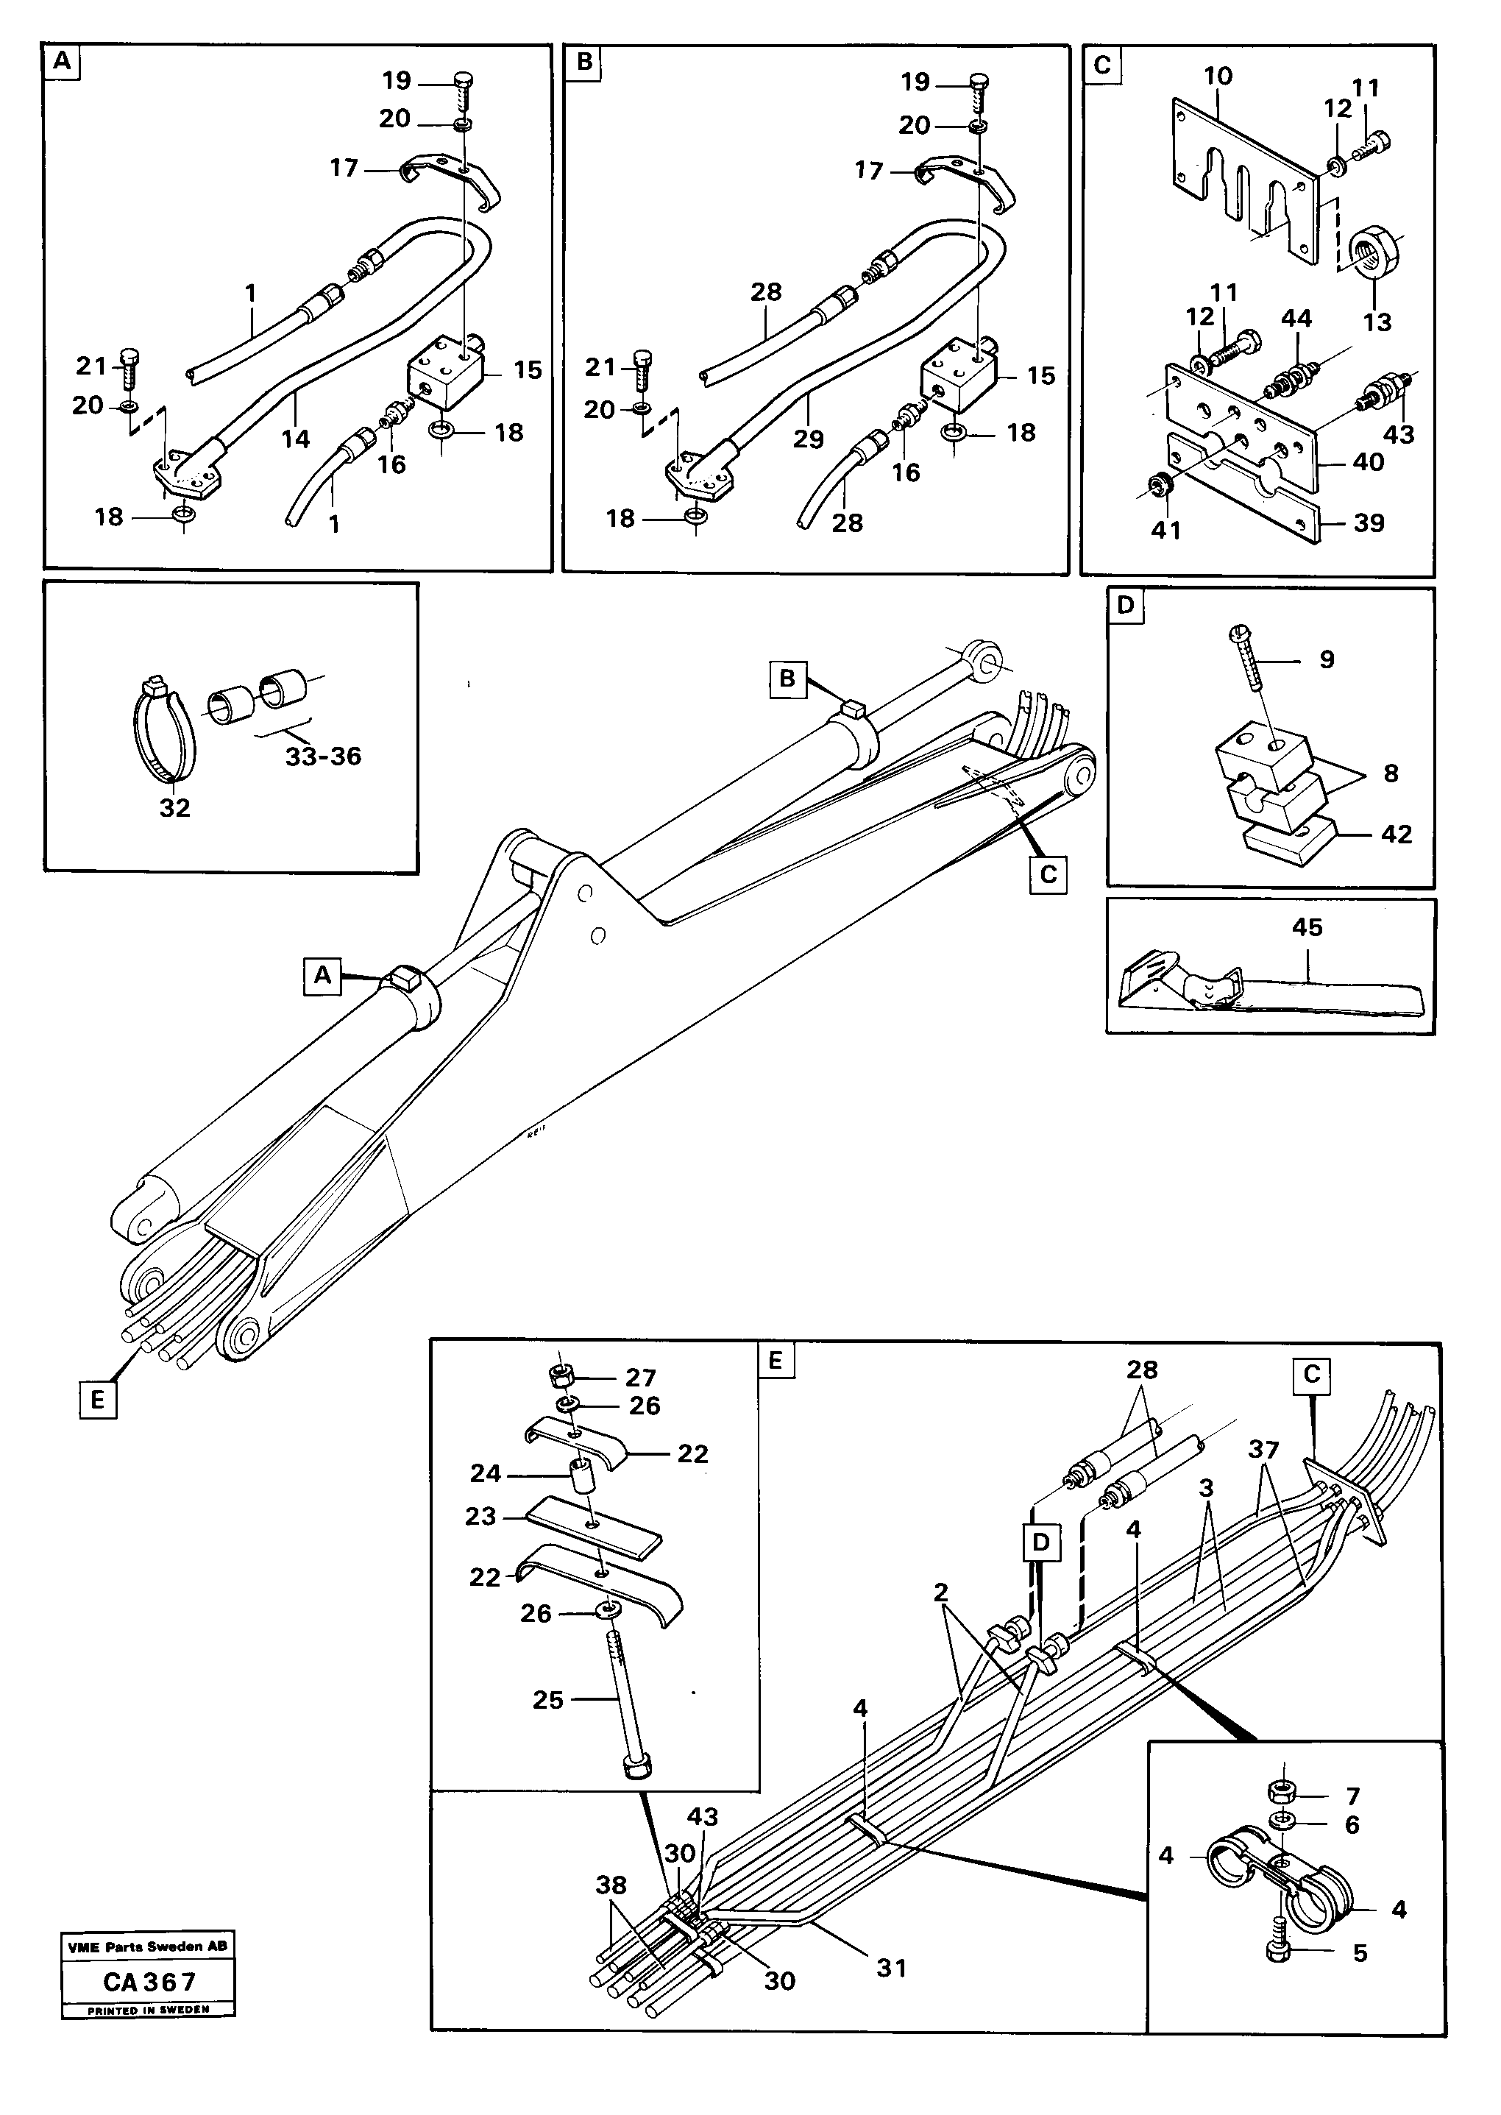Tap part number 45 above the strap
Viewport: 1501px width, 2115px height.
[x=1307, y=927]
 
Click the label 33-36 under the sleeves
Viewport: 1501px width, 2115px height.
[x=322, y=757]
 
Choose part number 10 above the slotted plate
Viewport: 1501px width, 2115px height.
[x=1218, y=76]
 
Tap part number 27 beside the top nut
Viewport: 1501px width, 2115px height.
[x=639, y=1378]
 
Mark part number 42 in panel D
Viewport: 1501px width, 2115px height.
[x=1396, y=834]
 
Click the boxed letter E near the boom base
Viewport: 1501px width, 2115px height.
[x=98, y=1400]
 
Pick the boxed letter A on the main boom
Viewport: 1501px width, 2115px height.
[x=322, y=976]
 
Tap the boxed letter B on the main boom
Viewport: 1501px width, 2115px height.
[x=787, y=679]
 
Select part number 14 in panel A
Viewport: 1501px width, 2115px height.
[x=296, y=439]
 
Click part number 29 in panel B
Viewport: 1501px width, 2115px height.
[x=808, y=439]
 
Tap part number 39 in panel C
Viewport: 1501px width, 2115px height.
[x=1368, y=523]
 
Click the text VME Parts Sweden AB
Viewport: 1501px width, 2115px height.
[x=148, y=1946]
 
